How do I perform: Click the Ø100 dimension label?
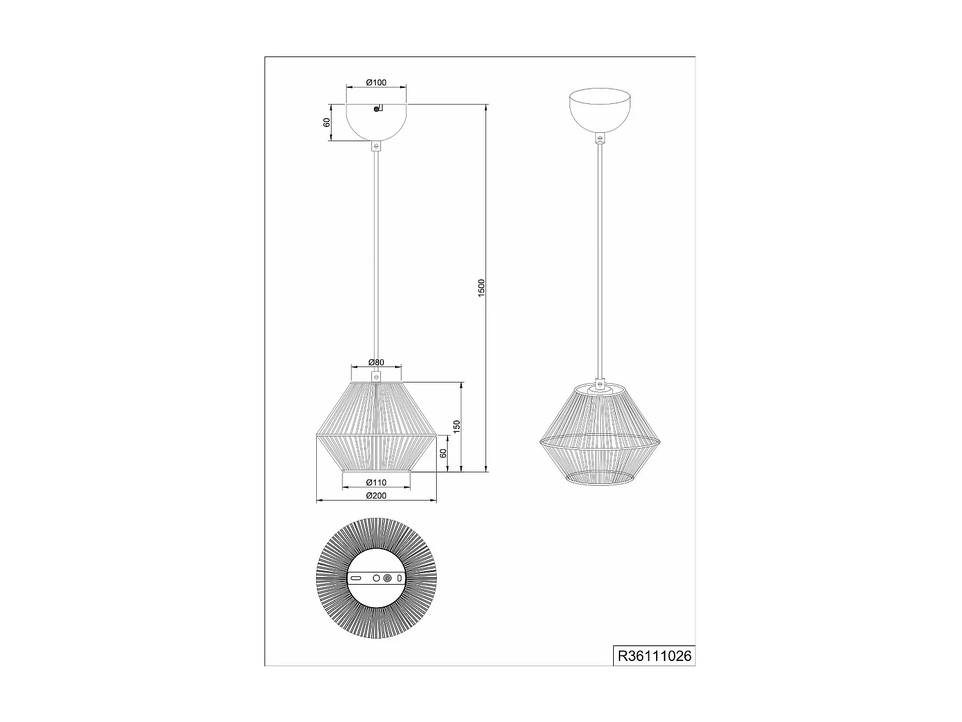coord(376,82)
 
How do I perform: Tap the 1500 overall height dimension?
coord(482,287)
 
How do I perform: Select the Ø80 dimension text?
coord(376,363)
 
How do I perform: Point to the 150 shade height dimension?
coord(456,427)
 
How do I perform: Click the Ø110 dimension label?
coord(376,483)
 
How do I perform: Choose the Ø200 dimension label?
coord(376,495)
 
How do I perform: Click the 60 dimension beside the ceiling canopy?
coord(327,122)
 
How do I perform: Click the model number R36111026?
coord(654,657)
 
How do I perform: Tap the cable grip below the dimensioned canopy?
coord(376,146)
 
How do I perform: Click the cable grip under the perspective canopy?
coord(600,137)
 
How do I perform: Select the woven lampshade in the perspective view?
coord(600,436)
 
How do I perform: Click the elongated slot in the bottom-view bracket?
coord(356,578)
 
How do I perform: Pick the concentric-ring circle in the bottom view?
coord(387,578)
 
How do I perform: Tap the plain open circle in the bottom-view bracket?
coord(376,578)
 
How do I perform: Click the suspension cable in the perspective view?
coord(600,257)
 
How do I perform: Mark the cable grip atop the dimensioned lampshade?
coord(376,375)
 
